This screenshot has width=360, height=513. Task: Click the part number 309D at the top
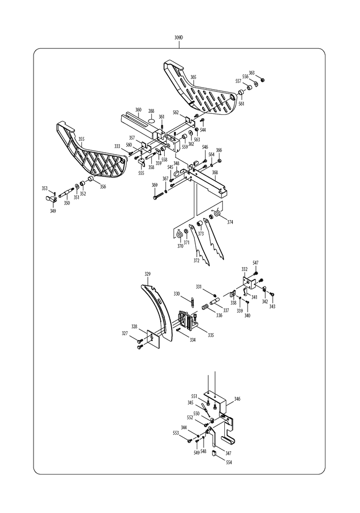coord(179,37)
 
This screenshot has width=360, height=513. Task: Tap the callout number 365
coord(193,77)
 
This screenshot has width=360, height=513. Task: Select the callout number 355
coord(81,139)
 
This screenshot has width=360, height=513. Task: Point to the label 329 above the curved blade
coord(147,274)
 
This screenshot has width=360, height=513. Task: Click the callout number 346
coord(237,399)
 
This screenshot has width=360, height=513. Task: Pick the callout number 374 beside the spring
coord(230,222)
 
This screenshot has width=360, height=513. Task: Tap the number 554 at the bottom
coord(229,462)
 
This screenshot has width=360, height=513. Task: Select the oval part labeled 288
coord(151,120)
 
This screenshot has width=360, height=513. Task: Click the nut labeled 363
coord(262,80)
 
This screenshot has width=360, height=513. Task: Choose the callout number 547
coord(255,263)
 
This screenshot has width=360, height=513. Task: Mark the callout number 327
coord(125,334)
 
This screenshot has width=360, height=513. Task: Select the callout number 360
coord(138,110)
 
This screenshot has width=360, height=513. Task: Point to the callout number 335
coord(211,335)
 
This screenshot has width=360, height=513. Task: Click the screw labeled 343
coord(273,295)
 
